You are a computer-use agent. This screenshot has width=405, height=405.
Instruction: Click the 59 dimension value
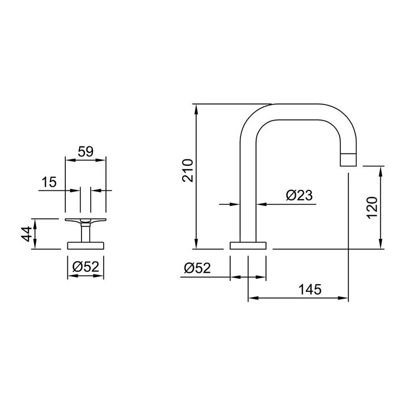point(86,151)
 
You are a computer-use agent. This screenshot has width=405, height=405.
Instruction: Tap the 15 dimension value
point(49,182)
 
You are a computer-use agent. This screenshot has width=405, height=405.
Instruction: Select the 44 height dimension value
point(27,234)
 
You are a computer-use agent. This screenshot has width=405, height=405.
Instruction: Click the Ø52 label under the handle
point(86,267)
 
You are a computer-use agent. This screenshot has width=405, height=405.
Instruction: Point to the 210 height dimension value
point(188,171)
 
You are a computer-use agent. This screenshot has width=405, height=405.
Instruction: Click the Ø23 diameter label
point(299,195)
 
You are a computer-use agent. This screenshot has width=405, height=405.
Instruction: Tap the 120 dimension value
point(372,208)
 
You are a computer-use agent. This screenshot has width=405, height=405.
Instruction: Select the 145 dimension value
point(310,289)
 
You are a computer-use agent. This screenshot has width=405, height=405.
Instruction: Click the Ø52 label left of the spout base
point(197,268)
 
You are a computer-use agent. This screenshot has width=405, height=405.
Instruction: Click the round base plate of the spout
point(248,246)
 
